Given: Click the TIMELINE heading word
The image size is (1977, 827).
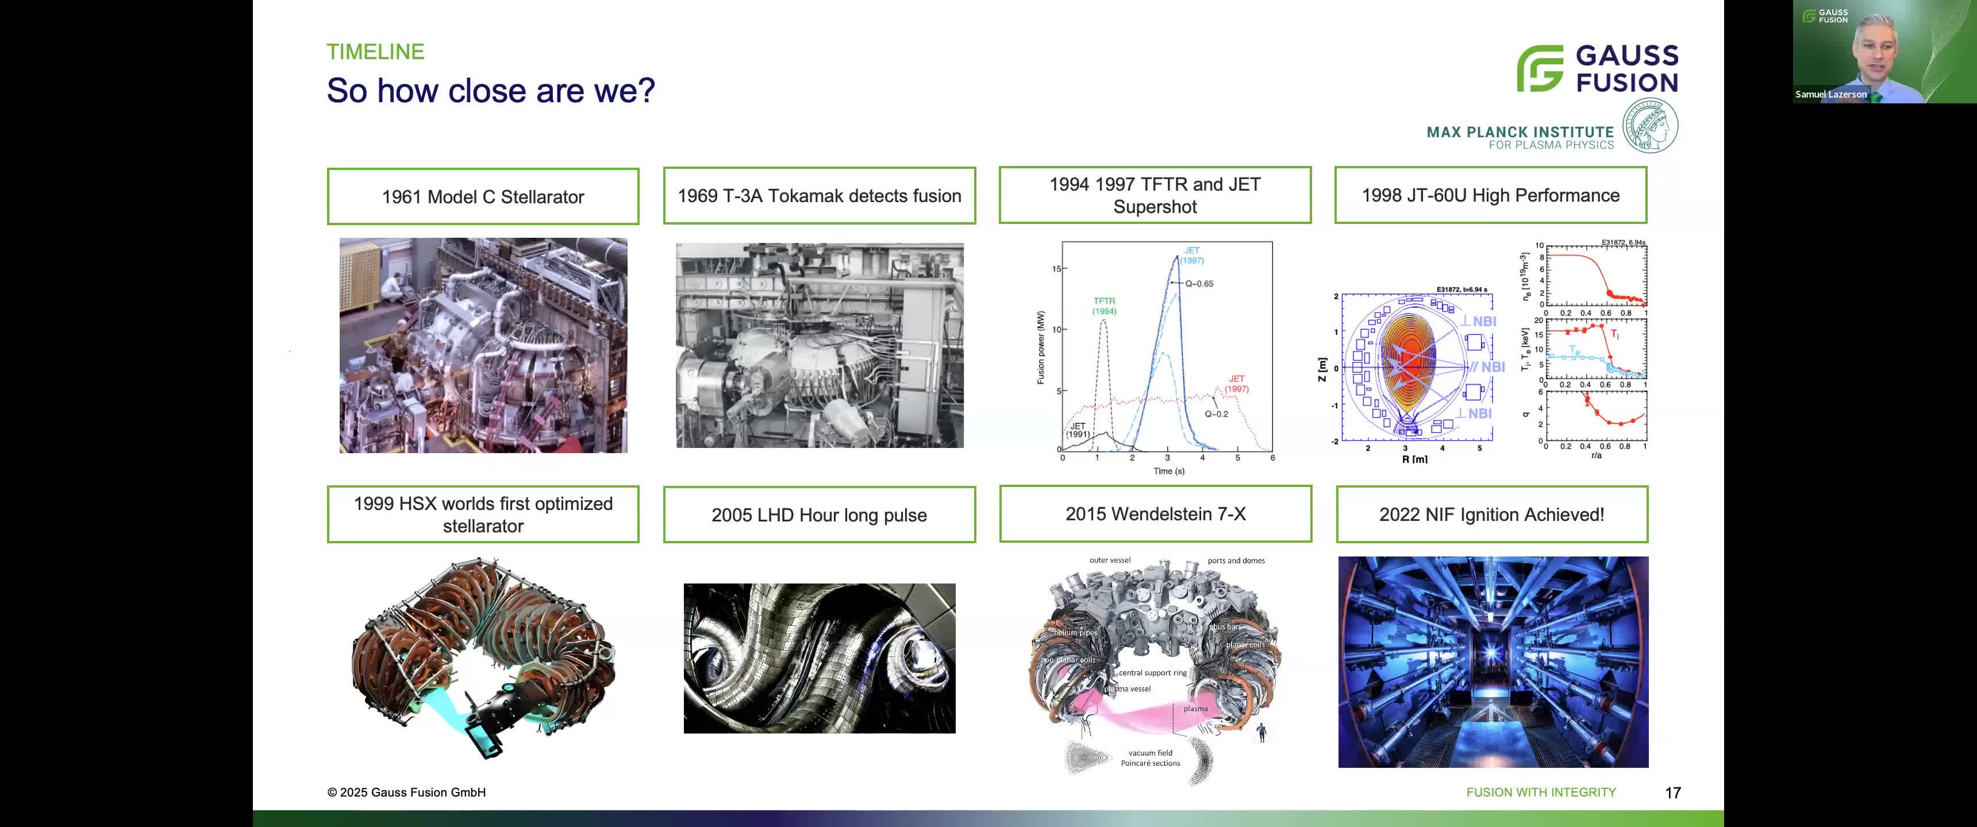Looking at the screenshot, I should click(375, 51).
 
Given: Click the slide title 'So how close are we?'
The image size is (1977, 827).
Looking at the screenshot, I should click(490, 91).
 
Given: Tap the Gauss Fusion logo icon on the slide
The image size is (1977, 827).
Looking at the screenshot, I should click(1540, 68).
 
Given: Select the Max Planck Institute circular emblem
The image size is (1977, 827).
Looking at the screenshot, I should click(1650, 126).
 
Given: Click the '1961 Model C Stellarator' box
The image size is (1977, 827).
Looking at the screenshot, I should click(483, 196).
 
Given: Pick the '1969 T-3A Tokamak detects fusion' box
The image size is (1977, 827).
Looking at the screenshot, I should click(819, 196).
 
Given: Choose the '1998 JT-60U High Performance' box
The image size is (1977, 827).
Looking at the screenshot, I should click(1490, 195).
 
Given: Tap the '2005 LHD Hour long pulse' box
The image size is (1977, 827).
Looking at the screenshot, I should click(819, 515).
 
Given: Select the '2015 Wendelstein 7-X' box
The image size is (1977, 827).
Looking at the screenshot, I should click(1155, 514).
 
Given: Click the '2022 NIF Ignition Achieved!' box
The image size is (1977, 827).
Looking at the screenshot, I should click(1491, 515).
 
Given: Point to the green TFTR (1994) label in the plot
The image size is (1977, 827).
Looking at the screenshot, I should click(1105, 306).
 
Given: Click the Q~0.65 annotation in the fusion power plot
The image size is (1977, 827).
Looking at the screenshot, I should click(1199, 284).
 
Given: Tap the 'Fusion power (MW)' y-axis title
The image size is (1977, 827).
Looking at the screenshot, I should click(1041, 347).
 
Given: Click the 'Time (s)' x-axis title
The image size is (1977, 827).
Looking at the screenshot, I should click(1168, 471).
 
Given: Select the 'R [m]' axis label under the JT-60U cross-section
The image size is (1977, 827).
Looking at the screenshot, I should click(1414, 459).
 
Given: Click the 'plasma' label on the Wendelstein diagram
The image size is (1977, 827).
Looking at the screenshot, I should click(1195, 709).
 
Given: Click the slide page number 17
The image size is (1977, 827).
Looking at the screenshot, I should click(1672, 793).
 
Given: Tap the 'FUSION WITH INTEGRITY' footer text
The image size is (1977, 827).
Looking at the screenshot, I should click(1540, 793).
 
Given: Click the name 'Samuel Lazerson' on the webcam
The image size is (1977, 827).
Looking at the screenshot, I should click(1830, 94).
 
